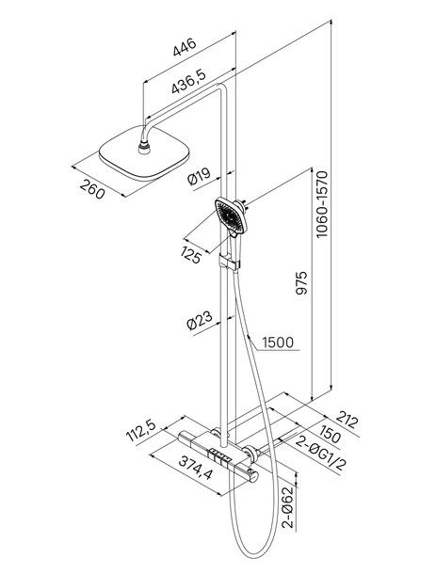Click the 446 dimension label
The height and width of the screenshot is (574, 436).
point(185,47)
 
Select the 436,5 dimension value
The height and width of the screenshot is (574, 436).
point(189,81)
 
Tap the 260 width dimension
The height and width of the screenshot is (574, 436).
point(91,189)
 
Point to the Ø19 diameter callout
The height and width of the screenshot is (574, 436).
point(199,176)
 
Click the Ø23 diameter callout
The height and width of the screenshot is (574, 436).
point(200,321)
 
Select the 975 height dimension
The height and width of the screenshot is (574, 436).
point(301,283)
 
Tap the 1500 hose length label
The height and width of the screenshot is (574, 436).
point(278,343)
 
